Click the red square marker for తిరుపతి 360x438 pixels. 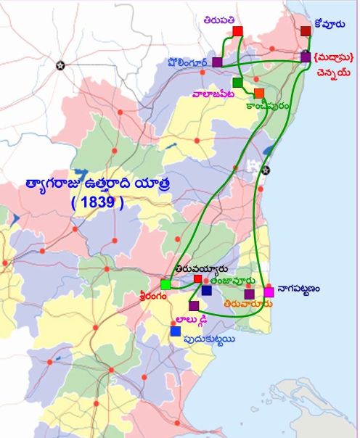[x=237, y=31]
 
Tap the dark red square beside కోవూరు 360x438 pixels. [x=306, y=31]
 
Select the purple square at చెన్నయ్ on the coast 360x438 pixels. [x=306, y=57]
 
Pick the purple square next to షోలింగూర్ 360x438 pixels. [x=217, y=62]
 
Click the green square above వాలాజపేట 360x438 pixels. [x=237, y=82]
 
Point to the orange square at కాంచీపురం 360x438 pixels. [x=259, y=93]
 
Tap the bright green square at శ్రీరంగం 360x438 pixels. [x=165, y=284]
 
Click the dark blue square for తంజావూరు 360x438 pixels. [x=207, y=290]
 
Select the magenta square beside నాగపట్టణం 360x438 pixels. [x=269, y=292]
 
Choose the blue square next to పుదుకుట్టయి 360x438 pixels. [x=175, y=331]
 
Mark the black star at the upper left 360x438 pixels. [x=61, y=65]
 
